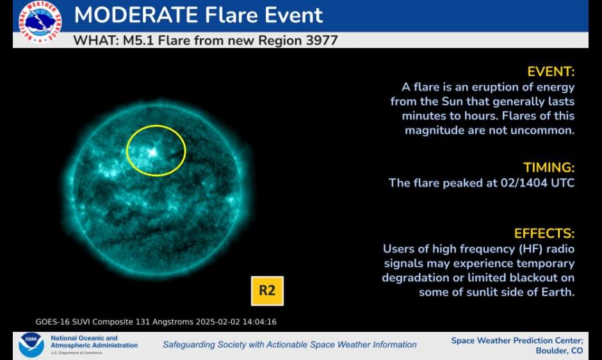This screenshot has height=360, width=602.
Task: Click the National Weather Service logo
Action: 40,21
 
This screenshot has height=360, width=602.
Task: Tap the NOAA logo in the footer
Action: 31,345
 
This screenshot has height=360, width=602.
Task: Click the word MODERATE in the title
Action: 136,15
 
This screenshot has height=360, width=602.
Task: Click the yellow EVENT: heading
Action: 551,72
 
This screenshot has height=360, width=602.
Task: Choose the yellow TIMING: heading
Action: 549,168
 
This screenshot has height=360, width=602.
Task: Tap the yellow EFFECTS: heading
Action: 544,234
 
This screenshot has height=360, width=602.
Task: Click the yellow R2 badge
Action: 267,291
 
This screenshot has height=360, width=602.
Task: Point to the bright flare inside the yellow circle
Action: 152,152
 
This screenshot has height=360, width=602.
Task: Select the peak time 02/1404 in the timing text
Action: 524,183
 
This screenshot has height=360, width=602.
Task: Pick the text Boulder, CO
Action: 559,351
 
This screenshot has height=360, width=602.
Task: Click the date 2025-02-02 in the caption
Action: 218,322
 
